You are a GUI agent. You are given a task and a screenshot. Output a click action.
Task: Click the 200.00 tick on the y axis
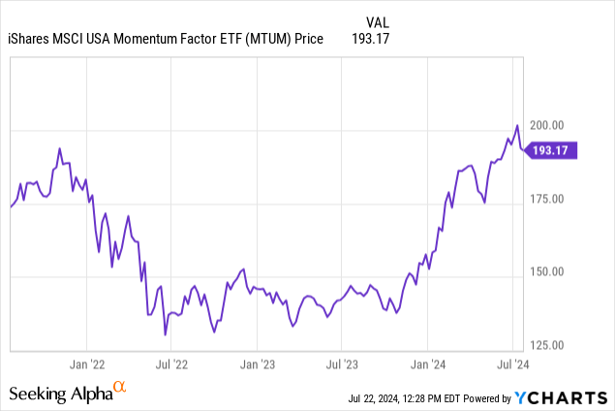(x=551, y=126)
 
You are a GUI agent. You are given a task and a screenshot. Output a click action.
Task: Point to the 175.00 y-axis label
(x=551, y=199)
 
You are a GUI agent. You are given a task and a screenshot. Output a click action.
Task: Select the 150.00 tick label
(x=551, y=271)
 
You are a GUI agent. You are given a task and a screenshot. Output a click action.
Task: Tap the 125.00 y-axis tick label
(x=551, y=344)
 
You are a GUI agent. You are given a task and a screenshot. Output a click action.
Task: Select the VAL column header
(x=380, y=21)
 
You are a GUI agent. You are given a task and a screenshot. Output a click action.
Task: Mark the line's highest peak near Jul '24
(x=517, y=125)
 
